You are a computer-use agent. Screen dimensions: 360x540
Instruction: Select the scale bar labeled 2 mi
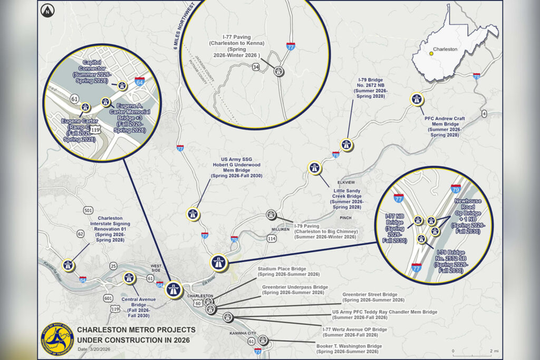[472, 351]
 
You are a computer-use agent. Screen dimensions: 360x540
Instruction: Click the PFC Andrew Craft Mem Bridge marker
[417, 99]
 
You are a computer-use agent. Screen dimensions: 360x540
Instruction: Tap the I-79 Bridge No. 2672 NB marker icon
[346, 144]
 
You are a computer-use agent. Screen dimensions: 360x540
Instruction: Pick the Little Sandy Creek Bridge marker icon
[314, 168]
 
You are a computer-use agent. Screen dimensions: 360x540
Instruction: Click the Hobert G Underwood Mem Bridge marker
[193, 214]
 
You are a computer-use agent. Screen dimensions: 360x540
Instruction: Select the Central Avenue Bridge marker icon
[129, 278]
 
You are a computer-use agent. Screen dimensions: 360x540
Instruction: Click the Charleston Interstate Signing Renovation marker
[67, 265]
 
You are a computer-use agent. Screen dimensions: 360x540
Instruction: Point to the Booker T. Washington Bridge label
[349, 349]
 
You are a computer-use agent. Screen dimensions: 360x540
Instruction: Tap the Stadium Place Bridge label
[288, 271]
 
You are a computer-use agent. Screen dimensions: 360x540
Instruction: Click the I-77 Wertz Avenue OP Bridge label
[354, 332]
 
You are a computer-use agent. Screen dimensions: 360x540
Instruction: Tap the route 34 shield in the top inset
[256, 67]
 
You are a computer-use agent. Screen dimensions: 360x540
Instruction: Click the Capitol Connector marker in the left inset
[122, 85]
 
